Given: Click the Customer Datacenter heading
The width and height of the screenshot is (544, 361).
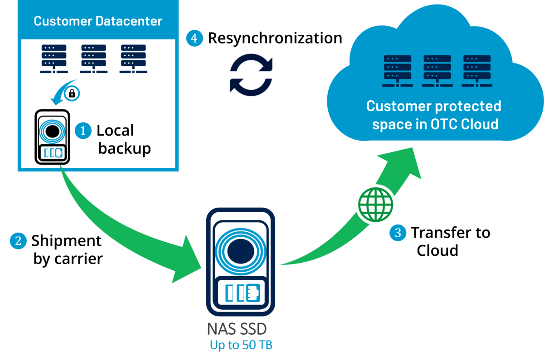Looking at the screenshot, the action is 98,21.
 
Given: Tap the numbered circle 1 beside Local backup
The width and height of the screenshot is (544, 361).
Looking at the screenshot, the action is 83,131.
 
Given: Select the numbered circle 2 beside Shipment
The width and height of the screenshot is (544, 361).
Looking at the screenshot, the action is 18,241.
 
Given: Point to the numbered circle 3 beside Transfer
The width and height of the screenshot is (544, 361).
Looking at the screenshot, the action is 398,233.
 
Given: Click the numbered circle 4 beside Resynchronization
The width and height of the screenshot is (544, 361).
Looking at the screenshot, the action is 194,38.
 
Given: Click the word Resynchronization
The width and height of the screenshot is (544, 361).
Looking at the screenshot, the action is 275,39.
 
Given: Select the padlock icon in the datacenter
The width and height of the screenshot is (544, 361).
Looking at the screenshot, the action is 72,93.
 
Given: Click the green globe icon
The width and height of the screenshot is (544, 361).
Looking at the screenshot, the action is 375,204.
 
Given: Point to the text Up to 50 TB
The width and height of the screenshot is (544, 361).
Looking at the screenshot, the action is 241,345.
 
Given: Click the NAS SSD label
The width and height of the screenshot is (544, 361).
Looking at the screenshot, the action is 237,329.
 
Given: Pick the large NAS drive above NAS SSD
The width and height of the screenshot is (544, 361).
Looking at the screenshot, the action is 240,262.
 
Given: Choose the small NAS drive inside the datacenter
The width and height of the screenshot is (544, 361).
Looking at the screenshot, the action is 52,137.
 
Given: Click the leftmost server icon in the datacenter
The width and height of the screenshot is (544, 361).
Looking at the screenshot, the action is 54,59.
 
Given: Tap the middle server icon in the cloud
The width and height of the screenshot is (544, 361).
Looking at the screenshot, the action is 437,71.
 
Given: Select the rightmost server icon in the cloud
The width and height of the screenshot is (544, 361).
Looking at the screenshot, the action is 477,71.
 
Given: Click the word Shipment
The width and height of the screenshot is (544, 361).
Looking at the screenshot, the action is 66,241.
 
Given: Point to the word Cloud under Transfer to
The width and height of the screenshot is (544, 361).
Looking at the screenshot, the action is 437,250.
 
